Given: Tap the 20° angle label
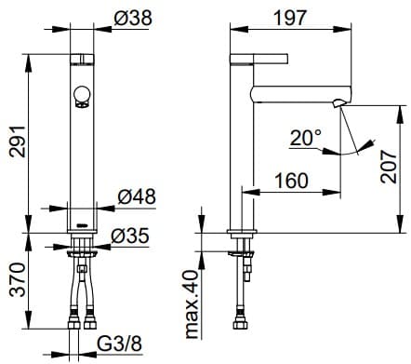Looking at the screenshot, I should [306, 138].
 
